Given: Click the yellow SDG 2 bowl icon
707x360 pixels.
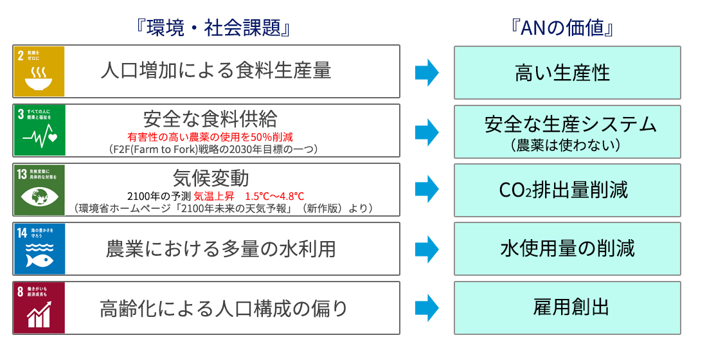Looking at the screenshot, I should pos(40,71).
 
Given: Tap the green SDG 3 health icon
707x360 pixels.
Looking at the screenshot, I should pos(40,130).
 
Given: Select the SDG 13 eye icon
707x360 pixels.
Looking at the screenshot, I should pos(40,190).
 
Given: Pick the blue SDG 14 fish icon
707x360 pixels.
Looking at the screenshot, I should pos(40,249).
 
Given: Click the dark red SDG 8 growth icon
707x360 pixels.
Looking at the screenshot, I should pos(40,308).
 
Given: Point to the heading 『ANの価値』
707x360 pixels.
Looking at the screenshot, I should pos(568,28).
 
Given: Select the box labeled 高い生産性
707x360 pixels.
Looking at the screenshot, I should pos(568,72).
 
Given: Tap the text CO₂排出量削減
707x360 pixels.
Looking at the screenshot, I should pos(563,190).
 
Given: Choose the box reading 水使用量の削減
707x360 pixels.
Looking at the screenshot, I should pos(568,249).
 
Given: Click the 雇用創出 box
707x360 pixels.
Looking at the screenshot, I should pos(568,308).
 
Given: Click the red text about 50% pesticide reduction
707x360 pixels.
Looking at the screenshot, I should pos(210,136).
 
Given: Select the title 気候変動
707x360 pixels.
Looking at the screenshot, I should pos(210,177).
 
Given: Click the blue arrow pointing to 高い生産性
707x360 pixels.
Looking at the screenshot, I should pos(426,72).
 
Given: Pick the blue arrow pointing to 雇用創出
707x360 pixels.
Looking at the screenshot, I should pos(426,308).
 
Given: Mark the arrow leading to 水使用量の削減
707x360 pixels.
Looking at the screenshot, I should pos(426,249).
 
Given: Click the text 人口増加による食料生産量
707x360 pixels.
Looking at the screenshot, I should pos(216,71).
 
